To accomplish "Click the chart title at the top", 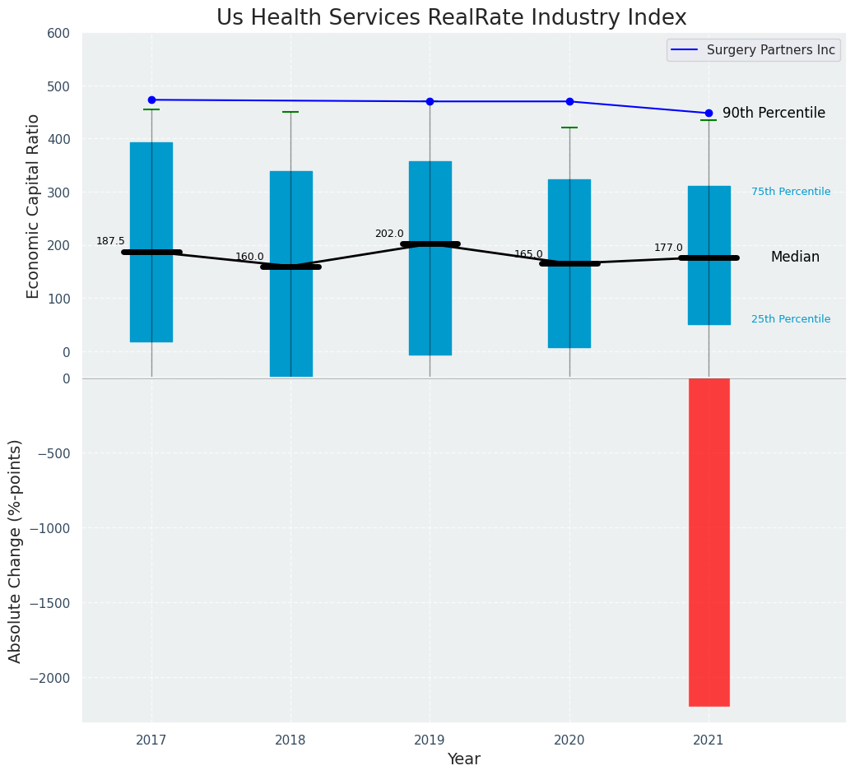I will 451,18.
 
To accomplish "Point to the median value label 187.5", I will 110,241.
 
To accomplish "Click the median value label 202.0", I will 389,234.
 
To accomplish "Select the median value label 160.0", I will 249,257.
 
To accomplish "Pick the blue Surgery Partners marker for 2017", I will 151,100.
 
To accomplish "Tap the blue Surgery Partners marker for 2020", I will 569,101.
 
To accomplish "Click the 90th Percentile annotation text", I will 774,114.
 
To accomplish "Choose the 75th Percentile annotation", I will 791,192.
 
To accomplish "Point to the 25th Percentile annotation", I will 791,319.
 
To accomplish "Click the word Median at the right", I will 795,258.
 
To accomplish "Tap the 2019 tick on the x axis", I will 430,740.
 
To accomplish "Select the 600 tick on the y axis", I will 64,34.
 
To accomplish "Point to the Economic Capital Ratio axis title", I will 34,206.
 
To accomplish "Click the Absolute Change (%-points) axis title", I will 16,550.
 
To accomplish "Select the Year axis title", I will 464,759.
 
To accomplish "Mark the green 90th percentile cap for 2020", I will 569,128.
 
